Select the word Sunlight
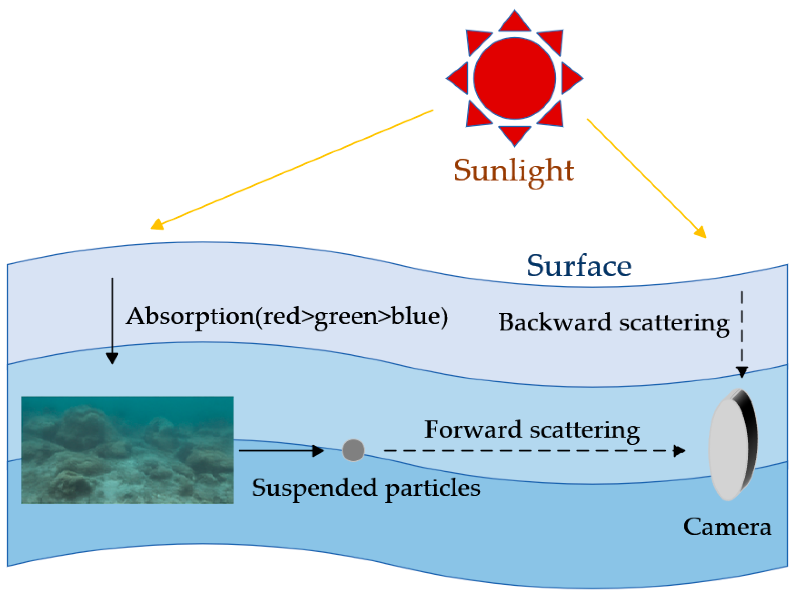tap(513, 171)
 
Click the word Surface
tap(579, 266)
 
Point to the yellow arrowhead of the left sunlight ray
tap(157, 225)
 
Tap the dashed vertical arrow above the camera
tap(742, 334)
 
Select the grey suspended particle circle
tap(353, 450)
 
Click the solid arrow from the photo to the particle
tap(281, 450)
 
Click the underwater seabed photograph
tap(127, 450)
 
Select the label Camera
tap(727, 527)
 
